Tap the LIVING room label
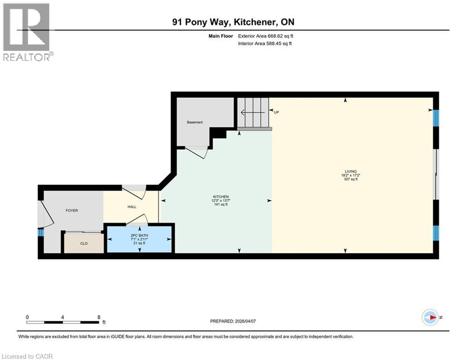[x=350, y=171]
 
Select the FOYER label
[x=72, y=210]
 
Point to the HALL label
[x=132, y=207]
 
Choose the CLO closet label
[x=84, y=243]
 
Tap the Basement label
[x=195, y=122]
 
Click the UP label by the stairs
[x=276, y=112]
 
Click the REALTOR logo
[x=28, y=32]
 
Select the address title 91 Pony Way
[x=233, y=22]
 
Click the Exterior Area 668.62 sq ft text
[x=266, y=36]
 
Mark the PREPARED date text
[x=232, y=321]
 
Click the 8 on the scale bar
[x=99, y=317]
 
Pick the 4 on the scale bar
[x=63, y=317]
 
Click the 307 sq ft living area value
[x=350, y=179]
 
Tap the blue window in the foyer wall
[x=41, y=232]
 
